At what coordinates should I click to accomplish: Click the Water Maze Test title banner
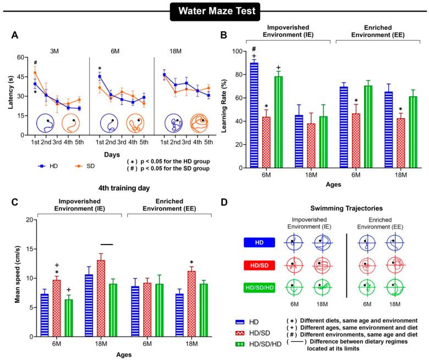click(215, 10)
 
